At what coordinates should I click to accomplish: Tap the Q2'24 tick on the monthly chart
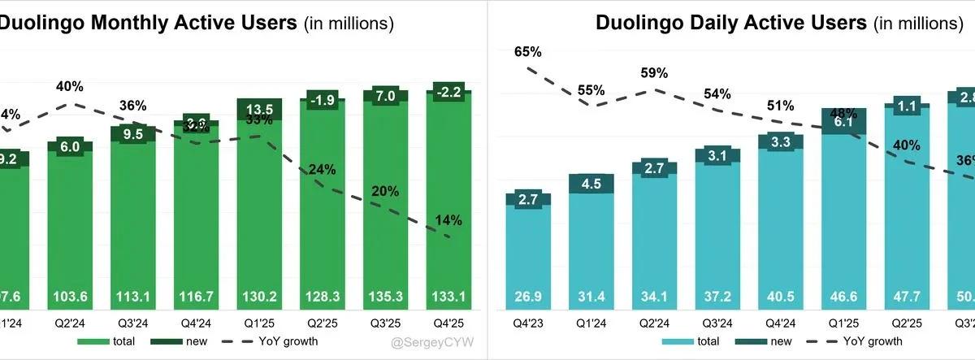(x=70, y=322)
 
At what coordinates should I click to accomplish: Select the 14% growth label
(x=449, y=220)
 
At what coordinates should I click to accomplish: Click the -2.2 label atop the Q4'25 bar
(x=449, y=91)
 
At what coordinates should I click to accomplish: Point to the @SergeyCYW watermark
(x=435, y=342)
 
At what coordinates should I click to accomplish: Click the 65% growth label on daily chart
(x=528, y=52)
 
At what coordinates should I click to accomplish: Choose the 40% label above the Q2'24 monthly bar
(x=70, y=86)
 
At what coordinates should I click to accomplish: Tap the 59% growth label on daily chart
(x=654, y=73)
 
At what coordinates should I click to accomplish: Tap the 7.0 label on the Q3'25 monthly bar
(x=386, y=96)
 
